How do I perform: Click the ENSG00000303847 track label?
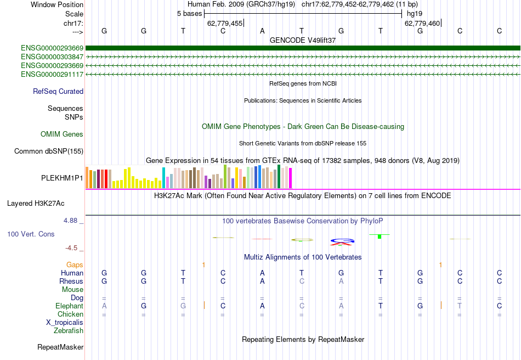tap(52, 57)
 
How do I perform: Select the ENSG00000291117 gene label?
tap(52, 74)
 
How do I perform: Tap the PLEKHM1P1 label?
tap(63, 178)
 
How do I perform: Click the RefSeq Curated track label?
tap(58, 92)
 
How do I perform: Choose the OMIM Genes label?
tap(62, 134)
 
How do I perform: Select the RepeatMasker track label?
tap(60, 347)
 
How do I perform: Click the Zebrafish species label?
tap(69, 331)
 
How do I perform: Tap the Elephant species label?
tap(69, 306)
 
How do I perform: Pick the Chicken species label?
tap(70, 314)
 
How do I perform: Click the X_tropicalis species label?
tap(65, 323)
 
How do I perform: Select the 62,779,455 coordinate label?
tap(224, 24)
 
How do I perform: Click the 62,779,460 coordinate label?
tap(422, 24)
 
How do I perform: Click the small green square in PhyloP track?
tap(379, 236)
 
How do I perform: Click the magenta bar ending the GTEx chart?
tap(290, 178)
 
